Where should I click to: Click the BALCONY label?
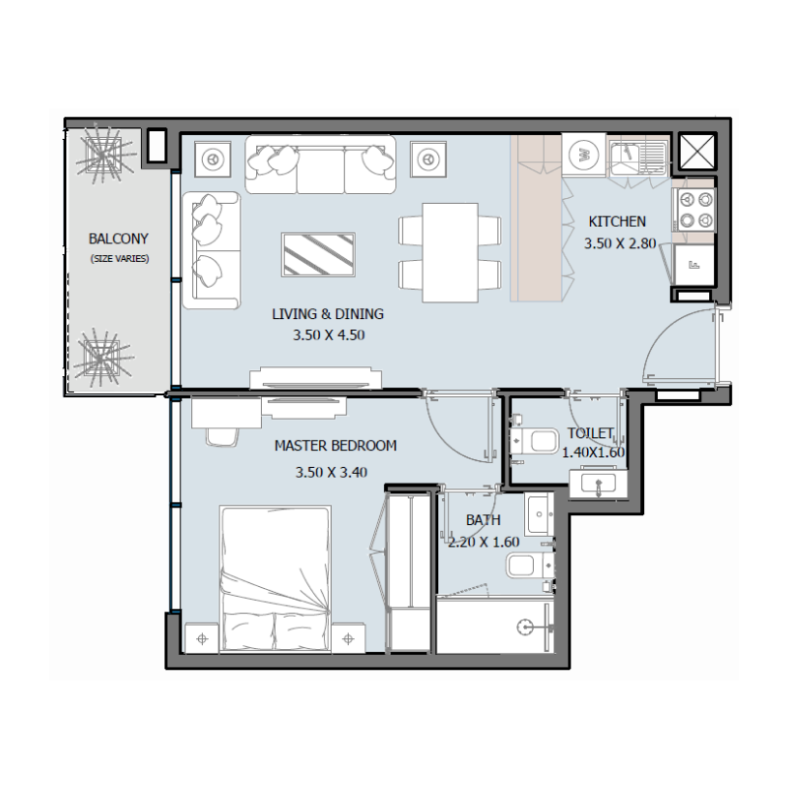point(117,238)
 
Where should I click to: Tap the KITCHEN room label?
point(617,222)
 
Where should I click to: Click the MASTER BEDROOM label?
point(335,446)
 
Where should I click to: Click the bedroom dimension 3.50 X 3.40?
point(331,472)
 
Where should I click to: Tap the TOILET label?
point(590,433)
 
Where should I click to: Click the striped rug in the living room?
point(318,255)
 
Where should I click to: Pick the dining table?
point(450,252)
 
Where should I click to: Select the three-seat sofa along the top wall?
point(320,164)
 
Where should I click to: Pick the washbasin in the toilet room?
point(595,483)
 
